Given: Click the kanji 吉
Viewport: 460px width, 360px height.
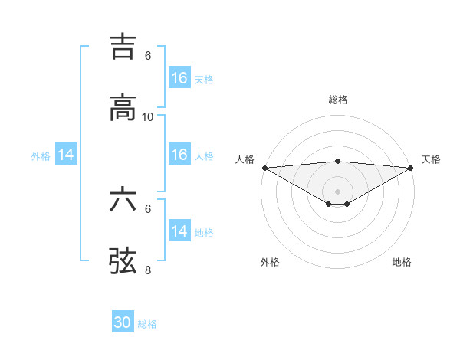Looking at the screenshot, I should (x=123, y=45).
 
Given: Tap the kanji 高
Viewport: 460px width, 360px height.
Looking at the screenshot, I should (x=123, y=107).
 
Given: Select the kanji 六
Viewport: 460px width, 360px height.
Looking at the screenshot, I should (x=123, y=199).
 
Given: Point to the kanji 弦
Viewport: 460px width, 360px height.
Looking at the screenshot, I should (x=123, y=260).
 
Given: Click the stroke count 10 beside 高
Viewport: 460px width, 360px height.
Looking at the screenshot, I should (x=148, y=117).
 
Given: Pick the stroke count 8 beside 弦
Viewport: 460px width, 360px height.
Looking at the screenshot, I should (x=148, y=270).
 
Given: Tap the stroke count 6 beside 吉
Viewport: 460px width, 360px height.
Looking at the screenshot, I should (x=148, y=56).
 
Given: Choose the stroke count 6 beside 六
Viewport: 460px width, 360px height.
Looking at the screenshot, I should (x=148, y=208).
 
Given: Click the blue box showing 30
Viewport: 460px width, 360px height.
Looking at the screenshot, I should (x=123, y=322).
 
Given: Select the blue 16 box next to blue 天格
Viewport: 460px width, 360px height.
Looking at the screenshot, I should (x=179, y=78).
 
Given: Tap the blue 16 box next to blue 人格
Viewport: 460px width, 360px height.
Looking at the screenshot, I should (x=179, y=155).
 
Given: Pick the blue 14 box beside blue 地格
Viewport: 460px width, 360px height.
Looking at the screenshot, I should (x=179, y=231).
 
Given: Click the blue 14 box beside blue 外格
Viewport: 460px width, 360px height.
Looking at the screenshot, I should (x=66, y=155).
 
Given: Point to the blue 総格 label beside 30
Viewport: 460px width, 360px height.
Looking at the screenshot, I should (x=147, y=324).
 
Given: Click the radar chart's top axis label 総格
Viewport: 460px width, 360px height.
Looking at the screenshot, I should (x=338, y=100).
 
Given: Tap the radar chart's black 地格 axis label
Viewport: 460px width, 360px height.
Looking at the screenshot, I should (x=402, y=263).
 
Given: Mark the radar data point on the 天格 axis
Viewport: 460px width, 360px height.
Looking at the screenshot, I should (x=411, y=168).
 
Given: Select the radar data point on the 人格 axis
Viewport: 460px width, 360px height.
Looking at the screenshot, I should (x=264, y=168).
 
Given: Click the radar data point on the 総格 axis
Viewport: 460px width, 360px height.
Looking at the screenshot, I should (x=338, y=161).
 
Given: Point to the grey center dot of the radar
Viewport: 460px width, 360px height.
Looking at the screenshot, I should (x=338, y=191).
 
